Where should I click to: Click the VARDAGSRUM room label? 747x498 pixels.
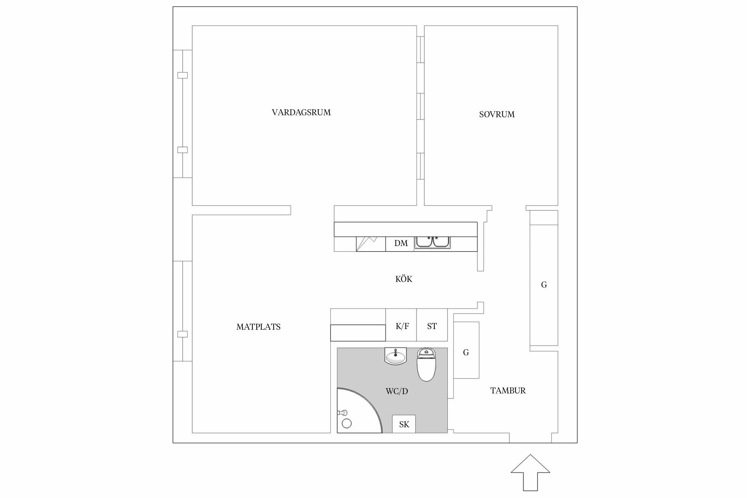click(x=301, y=113)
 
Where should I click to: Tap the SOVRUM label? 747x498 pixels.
click(x=497, y=115)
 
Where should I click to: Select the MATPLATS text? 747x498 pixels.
click(x=258, y=327)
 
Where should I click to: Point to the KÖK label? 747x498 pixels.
click(x=404, y=279)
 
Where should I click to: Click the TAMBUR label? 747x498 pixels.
click(x=508, y=391)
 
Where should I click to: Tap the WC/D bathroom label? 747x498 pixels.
click(x=397, y=391)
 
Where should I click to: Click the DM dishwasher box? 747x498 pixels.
click(x=400, y=244)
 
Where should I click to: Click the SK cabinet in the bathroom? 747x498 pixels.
click(x=404, y=424)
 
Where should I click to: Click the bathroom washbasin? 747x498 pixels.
click(x=395, y=357)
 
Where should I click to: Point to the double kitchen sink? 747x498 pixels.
click(x=433, y=242)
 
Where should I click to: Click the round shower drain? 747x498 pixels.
click(x=347, y=423)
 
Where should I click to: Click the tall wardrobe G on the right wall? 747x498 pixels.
click(x=544, y=285)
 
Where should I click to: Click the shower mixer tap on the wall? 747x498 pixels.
click(x=342, y=413)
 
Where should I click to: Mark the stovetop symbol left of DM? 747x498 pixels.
click(x=371, y=244)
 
